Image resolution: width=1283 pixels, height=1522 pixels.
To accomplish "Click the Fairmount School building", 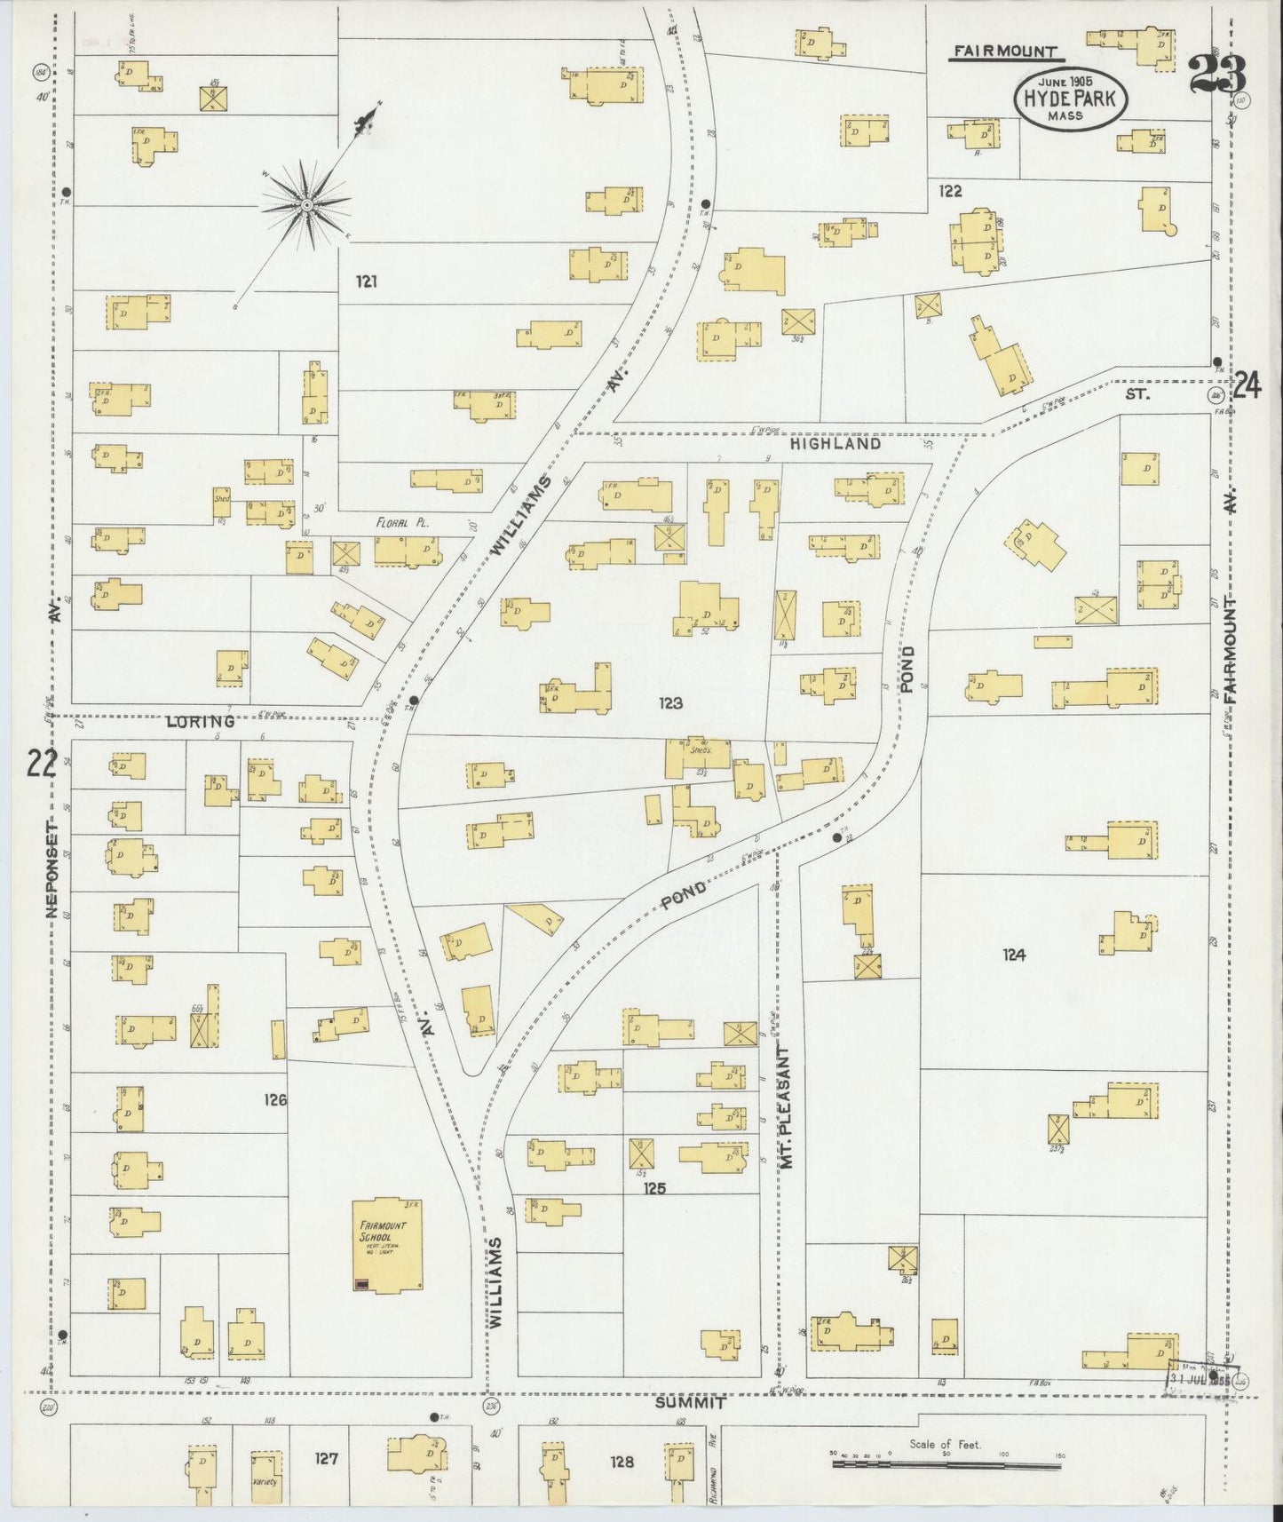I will tap(387, 1245).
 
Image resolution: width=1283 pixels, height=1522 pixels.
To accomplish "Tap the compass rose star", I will tap(305, 205).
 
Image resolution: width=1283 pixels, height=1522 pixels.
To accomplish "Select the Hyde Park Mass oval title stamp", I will tap(1071, 99).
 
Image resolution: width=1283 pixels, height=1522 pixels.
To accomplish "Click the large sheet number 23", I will tap(1217, 74).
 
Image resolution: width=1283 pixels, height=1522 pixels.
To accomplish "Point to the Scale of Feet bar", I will tap(945, 1462).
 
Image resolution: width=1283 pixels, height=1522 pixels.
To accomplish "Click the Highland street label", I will tap(836, 443).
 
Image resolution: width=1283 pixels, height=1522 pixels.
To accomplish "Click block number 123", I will tap(670, 703).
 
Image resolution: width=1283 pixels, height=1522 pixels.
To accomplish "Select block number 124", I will tap(1014, 955).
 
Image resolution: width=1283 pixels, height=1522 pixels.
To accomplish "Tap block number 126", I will tap(275, 1100).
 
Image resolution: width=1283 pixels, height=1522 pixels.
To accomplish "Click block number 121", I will tap(367, 281).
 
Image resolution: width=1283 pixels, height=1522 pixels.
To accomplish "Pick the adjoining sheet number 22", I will tap(41, 763).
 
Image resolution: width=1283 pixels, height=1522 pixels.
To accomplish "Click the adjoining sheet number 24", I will tap(1247, 386).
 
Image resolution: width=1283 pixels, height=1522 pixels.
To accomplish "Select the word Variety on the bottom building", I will tap(265, 1482).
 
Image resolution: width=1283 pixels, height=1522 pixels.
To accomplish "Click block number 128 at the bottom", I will tap(622, 1462).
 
